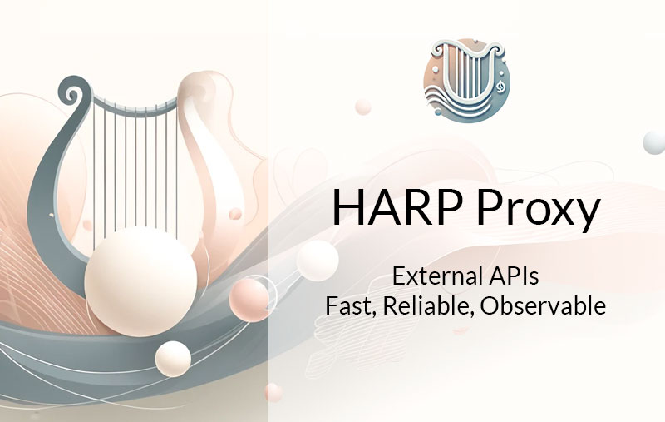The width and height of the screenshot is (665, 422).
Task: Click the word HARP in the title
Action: pos(397,207)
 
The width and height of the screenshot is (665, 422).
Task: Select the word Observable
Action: pos(544,305)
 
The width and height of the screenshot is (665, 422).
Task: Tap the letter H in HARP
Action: pos(348,207)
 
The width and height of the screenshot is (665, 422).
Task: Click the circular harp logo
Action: pos(467,79)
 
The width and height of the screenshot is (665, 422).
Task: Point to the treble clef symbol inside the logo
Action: pos(500,86)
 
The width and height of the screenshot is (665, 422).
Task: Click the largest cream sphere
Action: pos(140,282)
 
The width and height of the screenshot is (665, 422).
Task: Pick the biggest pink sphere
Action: pos(249,300)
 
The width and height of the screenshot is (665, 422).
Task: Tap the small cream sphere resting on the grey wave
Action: pos(173,359)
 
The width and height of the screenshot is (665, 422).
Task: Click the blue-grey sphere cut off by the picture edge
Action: pos(655,142)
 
